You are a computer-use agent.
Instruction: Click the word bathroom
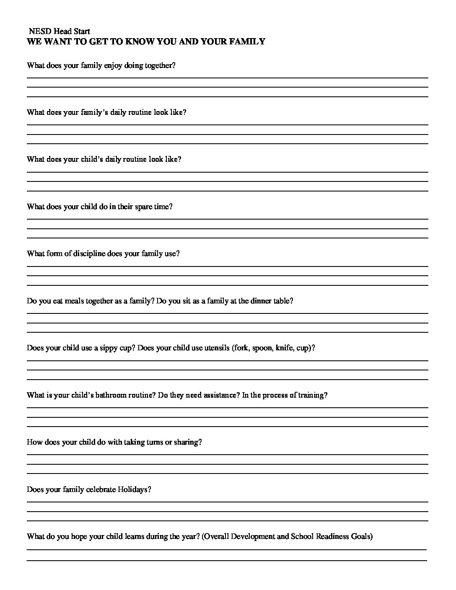(x=112, y=395)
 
